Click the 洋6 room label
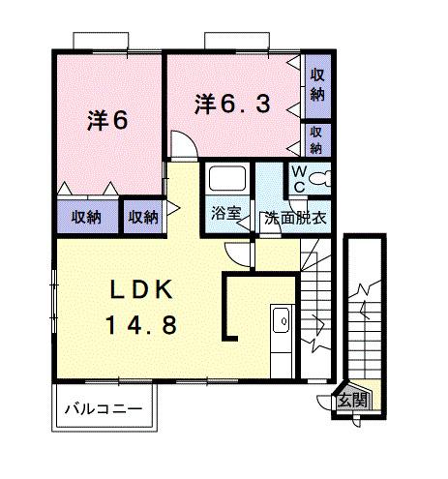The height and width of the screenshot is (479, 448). (107, 120)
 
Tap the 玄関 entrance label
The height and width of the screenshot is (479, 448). (353, 399)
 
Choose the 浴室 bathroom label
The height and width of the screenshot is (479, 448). (226, 215)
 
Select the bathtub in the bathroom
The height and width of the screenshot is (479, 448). (226, 181)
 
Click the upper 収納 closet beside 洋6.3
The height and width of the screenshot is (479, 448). (317, 85)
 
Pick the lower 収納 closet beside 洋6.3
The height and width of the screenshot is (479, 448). (316, 139)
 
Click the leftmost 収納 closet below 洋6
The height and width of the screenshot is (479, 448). (86, 216)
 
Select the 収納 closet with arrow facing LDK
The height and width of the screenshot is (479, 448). (143, 216)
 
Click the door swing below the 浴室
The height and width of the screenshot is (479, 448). (237, 253)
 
